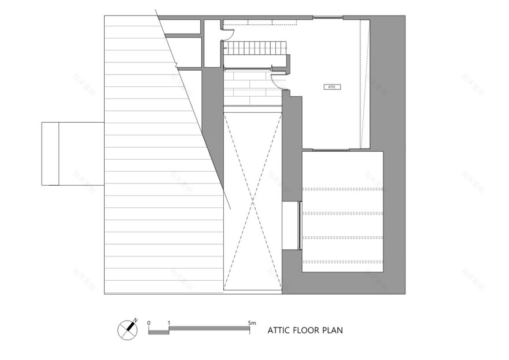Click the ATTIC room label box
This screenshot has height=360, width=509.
pos(331,87)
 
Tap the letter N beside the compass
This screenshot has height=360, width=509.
pos(136,319)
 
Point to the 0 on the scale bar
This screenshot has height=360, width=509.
pos(149,322)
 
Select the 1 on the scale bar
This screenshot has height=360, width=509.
pos(168,322)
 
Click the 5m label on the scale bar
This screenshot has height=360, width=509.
pos(250,322)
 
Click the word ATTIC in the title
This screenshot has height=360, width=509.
pos(279,331)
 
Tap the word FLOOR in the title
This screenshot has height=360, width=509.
pos(307,331)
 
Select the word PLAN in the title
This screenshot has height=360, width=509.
pos(333,331)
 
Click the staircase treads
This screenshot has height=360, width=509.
pos(256,47)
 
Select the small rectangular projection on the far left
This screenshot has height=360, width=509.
pos(50,153)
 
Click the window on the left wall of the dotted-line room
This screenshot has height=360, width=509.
pos(300,225)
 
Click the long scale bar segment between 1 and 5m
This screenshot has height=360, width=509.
pos(209,329)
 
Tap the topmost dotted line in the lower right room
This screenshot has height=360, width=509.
pos(343,189)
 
